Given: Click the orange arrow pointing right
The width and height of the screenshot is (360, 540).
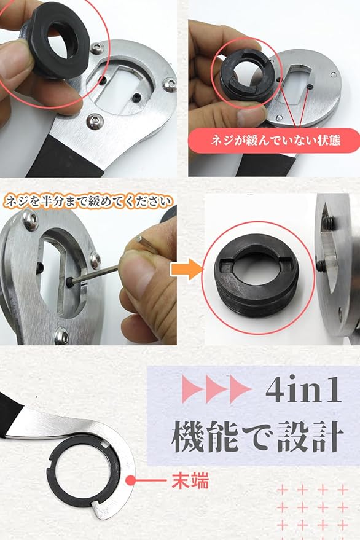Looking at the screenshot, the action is (x=186, y=270).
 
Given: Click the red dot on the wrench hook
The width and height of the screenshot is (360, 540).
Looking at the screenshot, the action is (x=131, y=480).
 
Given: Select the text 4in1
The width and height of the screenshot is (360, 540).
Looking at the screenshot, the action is (x=303, y=390).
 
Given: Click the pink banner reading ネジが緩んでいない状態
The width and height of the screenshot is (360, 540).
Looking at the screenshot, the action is (x=274, y=141).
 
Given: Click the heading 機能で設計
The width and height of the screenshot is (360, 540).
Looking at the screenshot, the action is (x=257, y=436).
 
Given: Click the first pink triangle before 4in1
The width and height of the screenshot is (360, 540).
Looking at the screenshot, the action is (x=192, y=389).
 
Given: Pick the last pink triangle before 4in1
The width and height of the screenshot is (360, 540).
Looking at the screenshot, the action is (x=240, y=389).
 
